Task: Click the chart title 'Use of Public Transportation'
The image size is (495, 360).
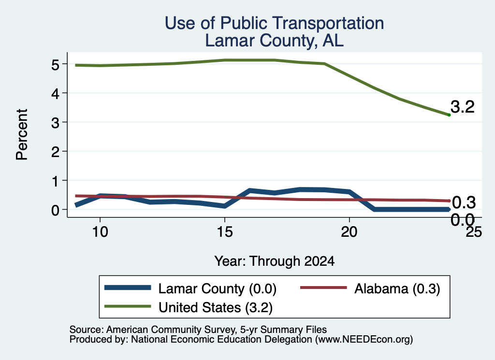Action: coord(275,23)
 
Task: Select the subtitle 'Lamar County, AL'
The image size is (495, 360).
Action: coord(275,41)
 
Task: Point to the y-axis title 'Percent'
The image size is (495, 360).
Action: coord(22,135)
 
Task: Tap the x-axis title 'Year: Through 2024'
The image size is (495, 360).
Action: coord(275,261)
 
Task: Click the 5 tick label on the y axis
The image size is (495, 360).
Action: coord(55,65)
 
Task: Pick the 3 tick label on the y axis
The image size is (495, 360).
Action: coord(55,123)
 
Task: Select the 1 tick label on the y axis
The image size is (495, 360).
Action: coord(56,181)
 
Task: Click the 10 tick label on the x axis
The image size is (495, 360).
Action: coord(100,232)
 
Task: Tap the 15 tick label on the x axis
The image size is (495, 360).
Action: coord(225,232)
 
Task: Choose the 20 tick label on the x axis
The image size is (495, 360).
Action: coord(349,232)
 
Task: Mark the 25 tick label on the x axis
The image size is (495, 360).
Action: coord(474,232)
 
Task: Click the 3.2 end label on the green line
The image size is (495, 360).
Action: coord(463,107)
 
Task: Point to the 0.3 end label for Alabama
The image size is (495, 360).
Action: coord(464,202)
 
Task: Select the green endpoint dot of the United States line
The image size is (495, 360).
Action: coord(449,115)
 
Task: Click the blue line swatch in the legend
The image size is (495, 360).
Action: coord(128,288)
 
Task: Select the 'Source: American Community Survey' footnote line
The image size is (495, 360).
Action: coord(198,330)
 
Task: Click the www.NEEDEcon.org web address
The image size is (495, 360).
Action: coord(364,340)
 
